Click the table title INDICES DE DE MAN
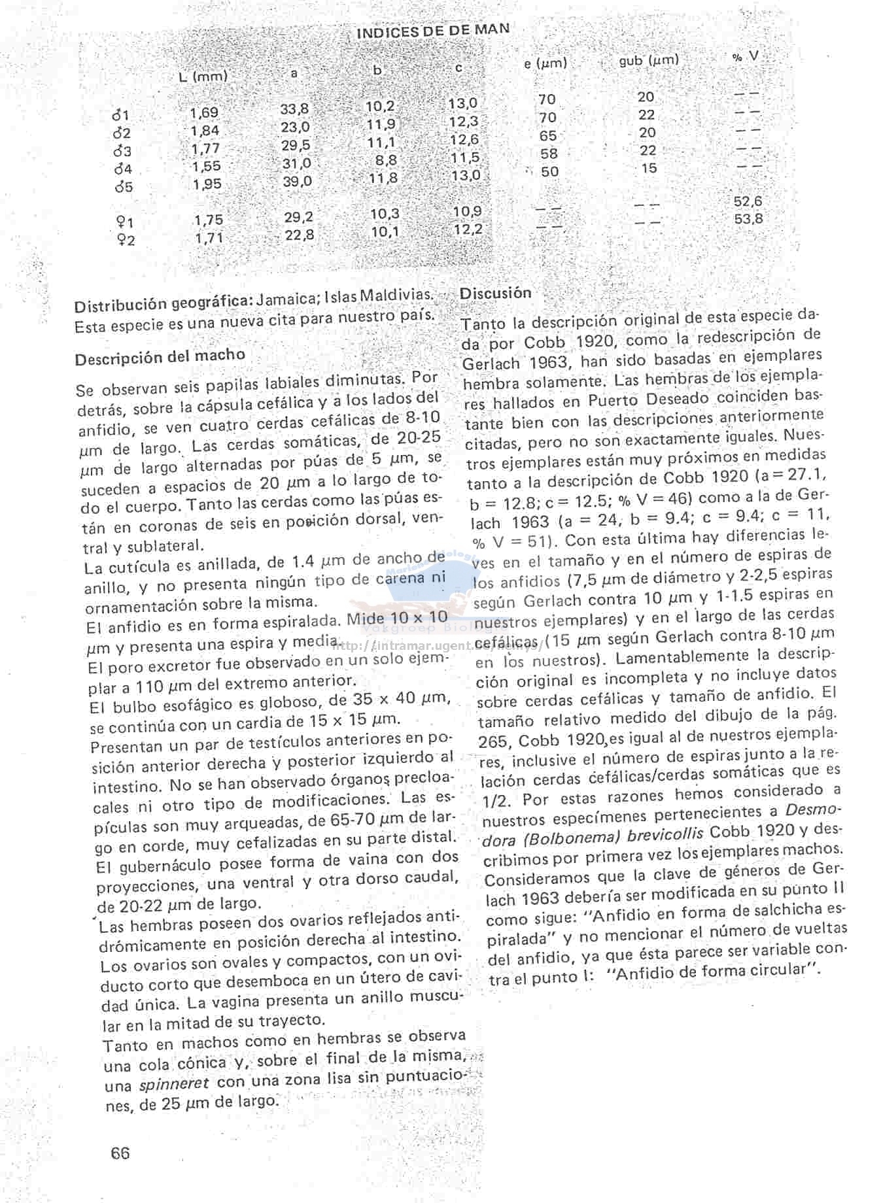pos(433,30)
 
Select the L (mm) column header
pos(203,76)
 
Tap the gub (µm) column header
pos(648,61)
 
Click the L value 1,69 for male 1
pos(204,112)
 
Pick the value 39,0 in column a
pos(297,181)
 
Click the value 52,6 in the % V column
pos(748,201)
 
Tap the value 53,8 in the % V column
pos(748,219)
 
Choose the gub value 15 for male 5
pos(648,168)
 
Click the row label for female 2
pos(124,240)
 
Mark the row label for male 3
pos(122,151)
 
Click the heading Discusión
pos(495,294)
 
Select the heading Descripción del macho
pos(160,357)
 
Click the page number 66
pos(120,1153)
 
